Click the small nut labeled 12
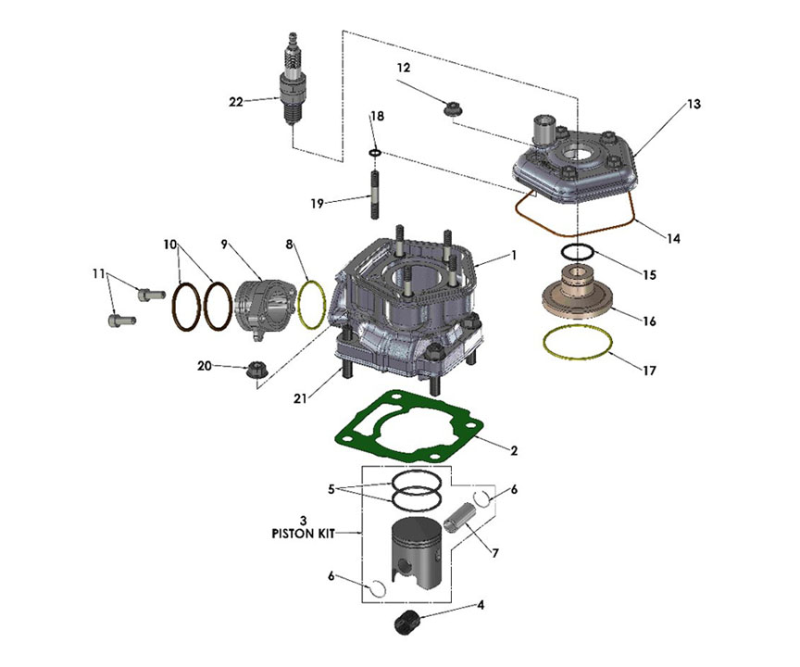[454, 108]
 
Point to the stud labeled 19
[377, 194]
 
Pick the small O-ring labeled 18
[375, 151]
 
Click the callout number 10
[169, 245]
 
